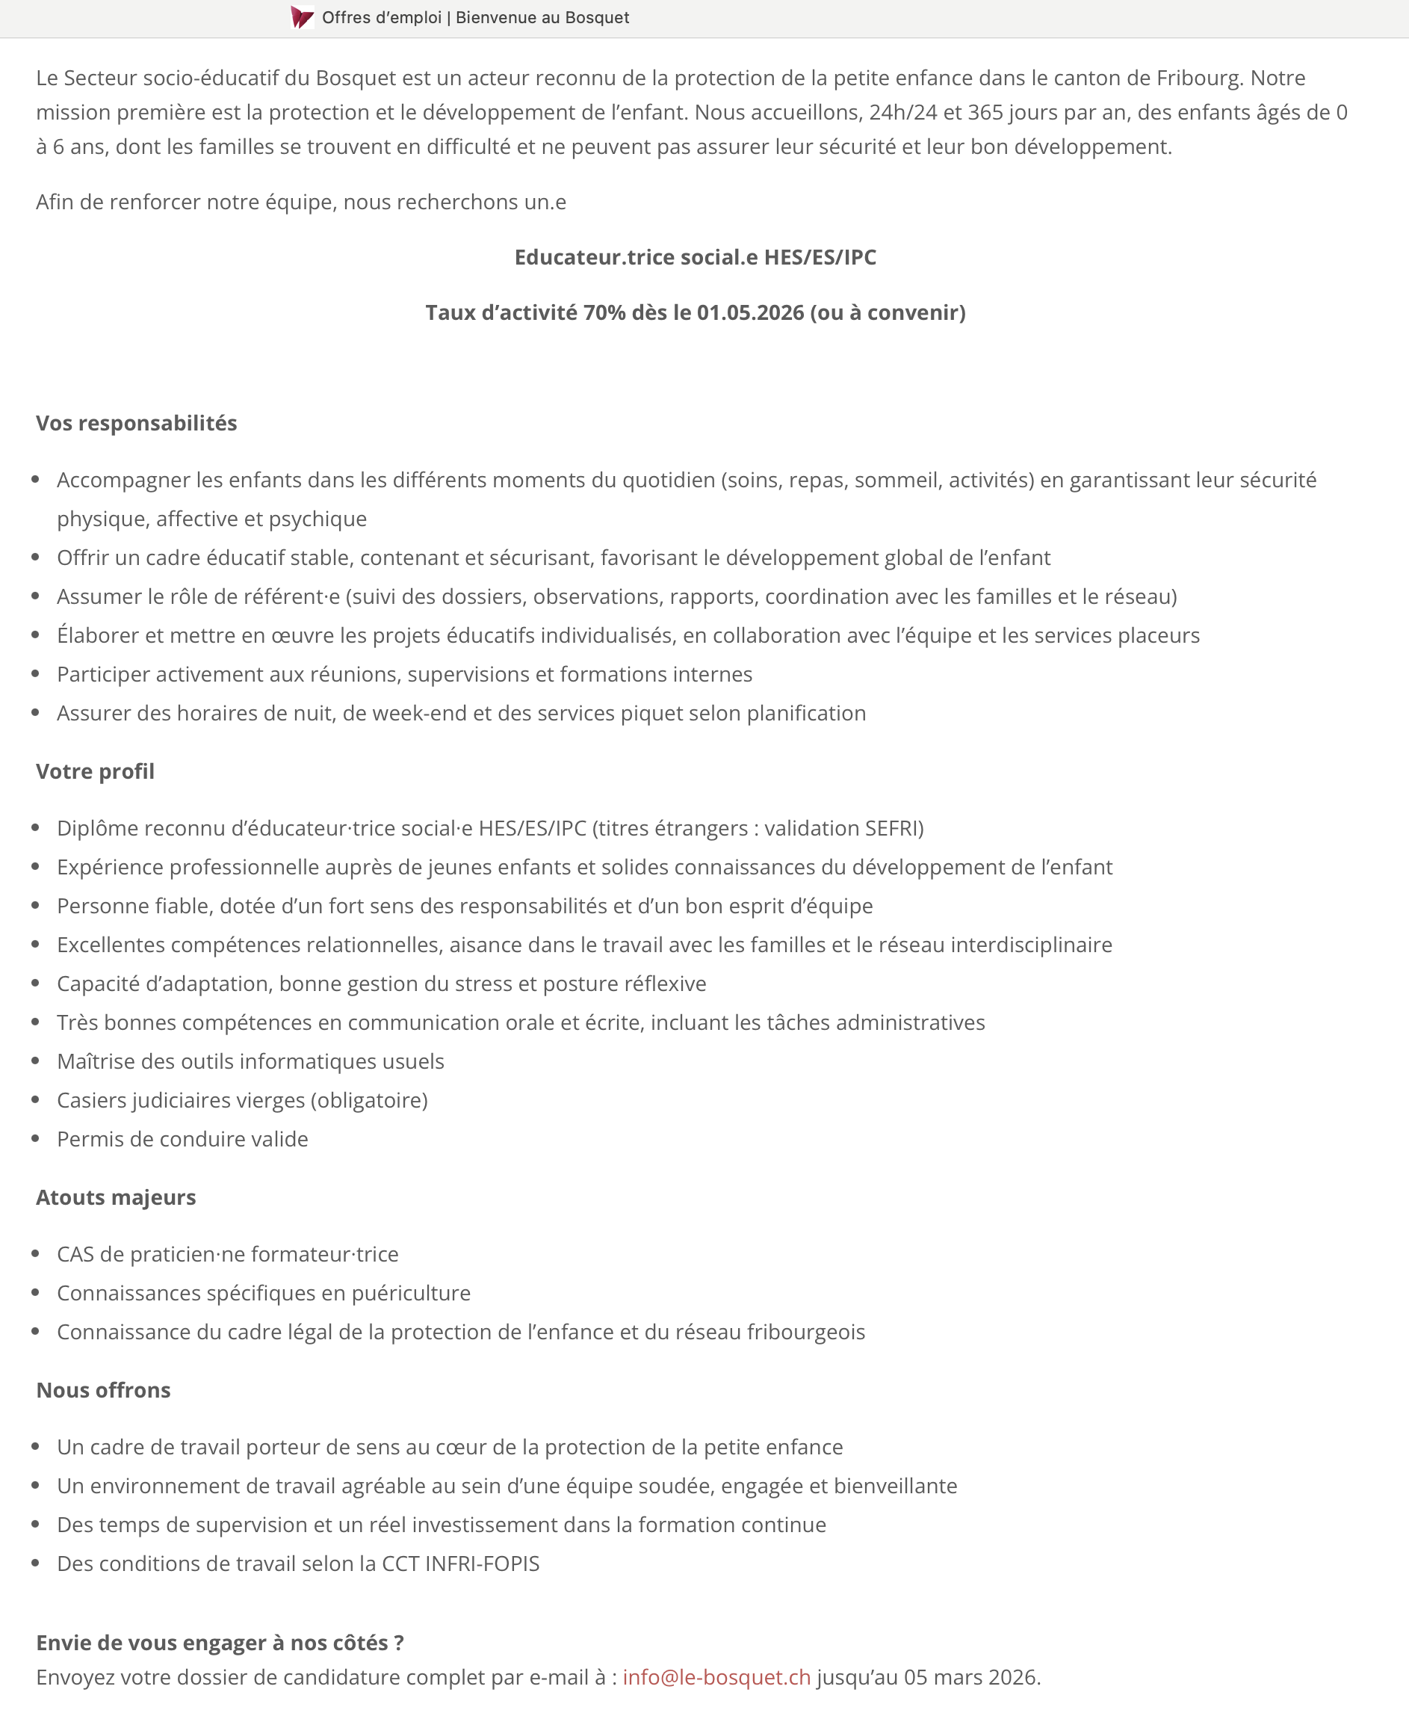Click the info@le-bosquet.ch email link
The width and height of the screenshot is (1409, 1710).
click(x=716, y=1676)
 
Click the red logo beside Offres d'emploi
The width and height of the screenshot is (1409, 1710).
click(x=302, y=17)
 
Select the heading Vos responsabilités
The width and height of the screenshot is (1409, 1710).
click(x=137, y=423)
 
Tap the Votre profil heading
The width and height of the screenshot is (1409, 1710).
click(x=95, y=771)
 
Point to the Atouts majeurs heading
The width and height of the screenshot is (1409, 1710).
click(x=116, y=1197)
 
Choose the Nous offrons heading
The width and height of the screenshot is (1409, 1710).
click(x=103, y=1390)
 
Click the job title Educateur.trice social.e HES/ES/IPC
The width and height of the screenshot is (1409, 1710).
click(x=696, y=257)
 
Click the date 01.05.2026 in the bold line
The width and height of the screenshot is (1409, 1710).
click(x=750, y=312)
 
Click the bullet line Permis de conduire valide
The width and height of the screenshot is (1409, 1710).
click(x=182, y=1139)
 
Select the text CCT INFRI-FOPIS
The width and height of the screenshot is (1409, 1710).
click(x=460, y=1564)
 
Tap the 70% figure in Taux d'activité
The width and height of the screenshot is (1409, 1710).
click(x=604, y=312)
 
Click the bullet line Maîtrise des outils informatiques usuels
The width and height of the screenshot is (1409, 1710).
click(x=251, y=1061)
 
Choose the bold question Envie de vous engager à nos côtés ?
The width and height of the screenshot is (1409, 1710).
click(x=220, y=1643)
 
